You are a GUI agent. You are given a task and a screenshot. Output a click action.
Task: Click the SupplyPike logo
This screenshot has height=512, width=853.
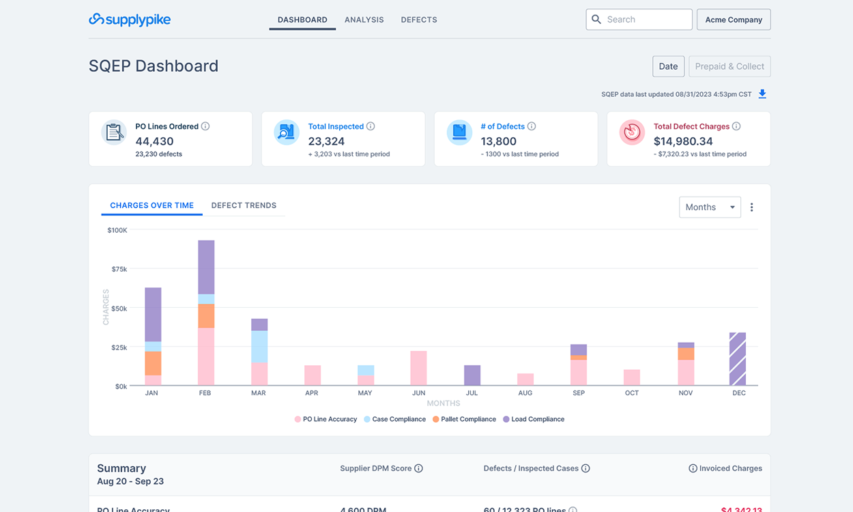tap(130, 20)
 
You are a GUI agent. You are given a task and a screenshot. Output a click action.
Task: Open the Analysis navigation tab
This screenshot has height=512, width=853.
tap(364, 20)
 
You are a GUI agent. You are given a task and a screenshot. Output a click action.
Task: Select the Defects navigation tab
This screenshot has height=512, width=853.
tap(419, 20)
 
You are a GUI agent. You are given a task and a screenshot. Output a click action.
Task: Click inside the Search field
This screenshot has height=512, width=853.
tap(645, 20)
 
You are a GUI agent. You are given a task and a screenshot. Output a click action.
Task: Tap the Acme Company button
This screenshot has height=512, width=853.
tap(733, 20)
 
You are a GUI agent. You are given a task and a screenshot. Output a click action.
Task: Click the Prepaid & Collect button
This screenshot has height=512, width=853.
tap(729, 66)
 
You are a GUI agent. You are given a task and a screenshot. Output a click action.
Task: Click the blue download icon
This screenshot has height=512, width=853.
tap(763, 94)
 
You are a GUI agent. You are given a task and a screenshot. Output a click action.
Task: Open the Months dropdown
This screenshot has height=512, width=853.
tap(710, 208)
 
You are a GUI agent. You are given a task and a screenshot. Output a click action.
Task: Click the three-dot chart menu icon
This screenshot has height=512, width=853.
tap(751, 208)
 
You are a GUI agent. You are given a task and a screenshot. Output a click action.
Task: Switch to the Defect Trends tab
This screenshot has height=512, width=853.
tap(244, 205)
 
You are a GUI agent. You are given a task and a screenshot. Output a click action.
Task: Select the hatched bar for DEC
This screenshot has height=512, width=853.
tap(737, 359)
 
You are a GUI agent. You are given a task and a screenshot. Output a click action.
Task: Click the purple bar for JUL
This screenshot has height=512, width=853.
tap(472, 375)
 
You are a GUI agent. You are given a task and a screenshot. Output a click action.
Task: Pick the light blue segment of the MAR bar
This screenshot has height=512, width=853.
tap(259, 347)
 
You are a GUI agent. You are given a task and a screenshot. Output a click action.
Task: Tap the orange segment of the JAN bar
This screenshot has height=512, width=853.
tap(153, 363)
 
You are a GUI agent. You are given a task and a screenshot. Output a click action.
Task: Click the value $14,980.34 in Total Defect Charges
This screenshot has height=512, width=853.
tap(683, 141)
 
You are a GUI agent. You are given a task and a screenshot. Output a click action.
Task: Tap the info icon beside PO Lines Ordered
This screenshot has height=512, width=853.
tap(205, 126)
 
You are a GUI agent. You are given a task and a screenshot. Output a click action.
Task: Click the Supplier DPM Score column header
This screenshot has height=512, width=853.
tap(376, 468)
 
